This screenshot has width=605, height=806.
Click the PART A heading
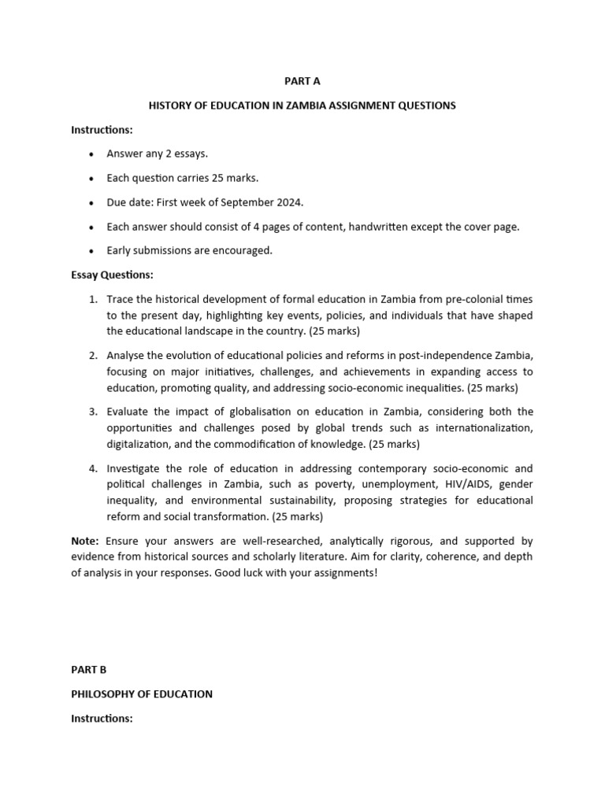pyautogui.click(x=302, y=81)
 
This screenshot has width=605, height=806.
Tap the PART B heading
pyautogui.click(x=88, y=670)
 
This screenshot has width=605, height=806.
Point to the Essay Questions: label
pyautogui.click(x=113, y=275)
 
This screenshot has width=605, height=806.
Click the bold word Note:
pyautogui.click(x=85, y=542)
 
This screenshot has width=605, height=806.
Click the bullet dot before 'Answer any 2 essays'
pyautogui.click(x=93, y=154)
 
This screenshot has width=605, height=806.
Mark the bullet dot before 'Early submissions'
pyautogui.click(x=93, y=251)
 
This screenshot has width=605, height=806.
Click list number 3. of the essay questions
pyautogui.click(x=93, y=412)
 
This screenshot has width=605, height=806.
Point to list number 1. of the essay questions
pyautogui.click(x=93, y=300)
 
